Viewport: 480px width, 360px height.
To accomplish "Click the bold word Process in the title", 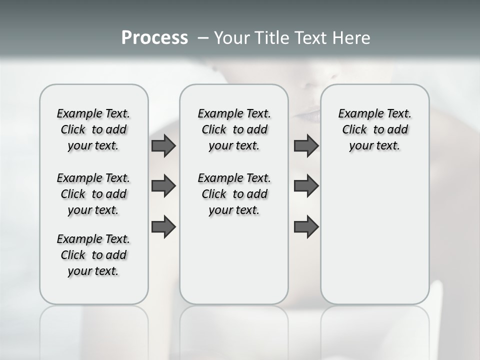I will click(x=154, y=38).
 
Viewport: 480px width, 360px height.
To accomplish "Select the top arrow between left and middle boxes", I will click(x=163, y=146).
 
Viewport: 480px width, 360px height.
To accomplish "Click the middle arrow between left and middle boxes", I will click(x=163, y=186).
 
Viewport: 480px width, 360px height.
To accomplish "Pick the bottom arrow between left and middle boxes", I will click(x=163, y=227).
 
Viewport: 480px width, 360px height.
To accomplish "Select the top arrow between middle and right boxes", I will click(x=306, y=146).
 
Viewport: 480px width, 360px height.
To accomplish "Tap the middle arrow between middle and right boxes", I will click(x=306, y=186).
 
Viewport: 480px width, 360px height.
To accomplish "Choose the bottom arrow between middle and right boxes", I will click(x=306, y=227).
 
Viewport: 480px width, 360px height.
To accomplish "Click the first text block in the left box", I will click(x=93, y=129).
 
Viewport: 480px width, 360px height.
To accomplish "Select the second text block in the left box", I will click(x=93, y=194).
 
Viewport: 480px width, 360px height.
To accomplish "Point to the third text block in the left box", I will click(x=93, y=255).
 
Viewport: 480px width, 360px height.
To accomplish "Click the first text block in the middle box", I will click(x=234, y=129).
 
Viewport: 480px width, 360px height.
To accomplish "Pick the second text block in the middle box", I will click(x=234, y=194).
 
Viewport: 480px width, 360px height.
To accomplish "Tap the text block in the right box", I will click(x=374, y=129).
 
